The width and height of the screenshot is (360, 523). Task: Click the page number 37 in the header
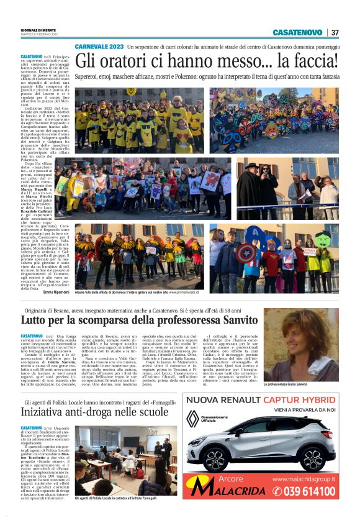point(335,32)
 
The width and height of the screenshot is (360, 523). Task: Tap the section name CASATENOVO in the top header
point(297,32)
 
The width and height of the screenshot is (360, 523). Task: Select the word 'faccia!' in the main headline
point(310,62)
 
